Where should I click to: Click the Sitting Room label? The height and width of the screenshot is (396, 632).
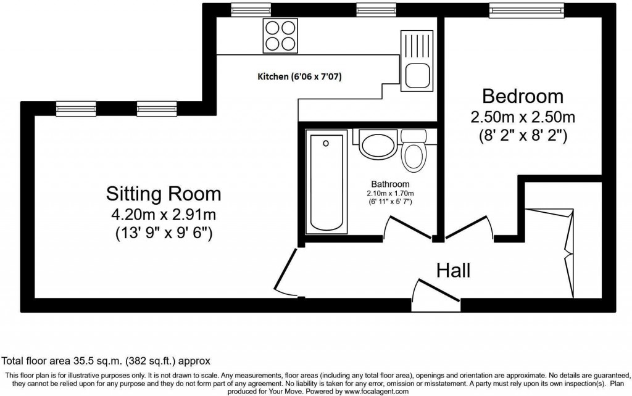pyautogui.click(x=163, y=194)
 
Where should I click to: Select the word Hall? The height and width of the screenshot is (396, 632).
pyautogui.click(x=454, y=270)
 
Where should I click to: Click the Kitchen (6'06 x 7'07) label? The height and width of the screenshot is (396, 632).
pyautogui.click(x=299, y=77)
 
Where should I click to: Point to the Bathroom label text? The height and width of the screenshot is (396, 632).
pyautogui.click(x=390, y=184)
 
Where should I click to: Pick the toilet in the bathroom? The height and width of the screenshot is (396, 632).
pyautogui.click(x=412, y=152)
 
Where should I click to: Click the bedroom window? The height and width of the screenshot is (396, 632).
pyautogui.click(x=526, y=9)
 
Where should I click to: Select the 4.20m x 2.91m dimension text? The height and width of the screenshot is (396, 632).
pyautogui.click(x=163, y=215)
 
